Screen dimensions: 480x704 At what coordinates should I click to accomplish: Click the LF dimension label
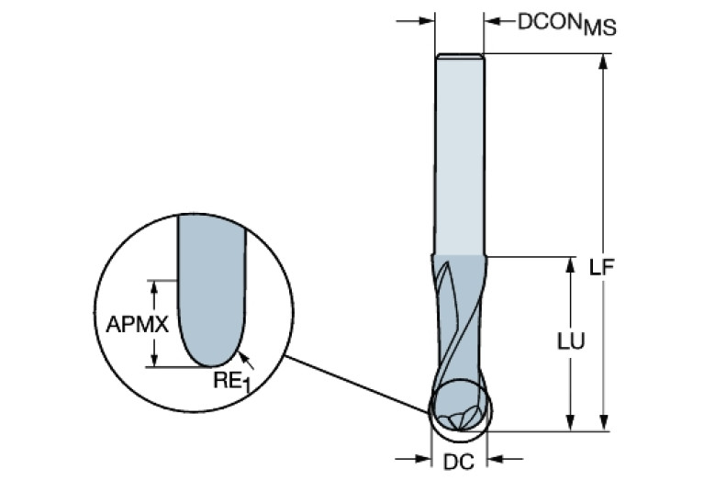coord(602,268)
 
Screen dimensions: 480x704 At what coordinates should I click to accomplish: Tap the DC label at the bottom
coord(458,462)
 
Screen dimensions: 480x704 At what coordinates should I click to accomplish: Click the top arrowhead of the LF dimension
coord(603,61)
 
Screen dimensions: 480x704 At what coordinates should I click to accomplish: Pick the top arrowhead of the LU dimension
coord(571,264)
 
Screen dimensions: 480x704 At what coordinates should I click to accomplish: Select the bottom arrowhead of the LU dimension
coord(571,421)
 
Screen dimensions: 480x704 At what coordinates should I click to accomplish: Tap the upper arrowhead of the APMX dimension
coord(156,286)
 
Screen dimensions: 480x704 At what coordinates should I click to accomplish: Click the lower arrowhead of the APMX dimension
coord(156,359)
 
